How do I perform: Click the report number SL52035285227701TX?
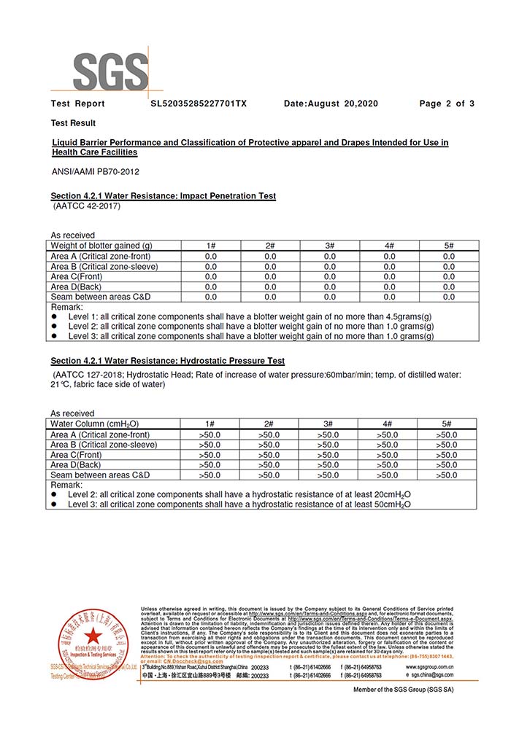199,104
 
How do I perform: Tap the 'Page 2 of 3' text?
447,104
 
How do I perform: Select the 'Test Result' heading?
73,123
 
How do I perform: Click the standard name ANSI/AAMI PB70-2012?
94,171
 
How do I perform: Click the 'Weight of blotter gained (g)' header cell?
101,246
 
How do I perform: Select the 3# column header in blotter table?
330,246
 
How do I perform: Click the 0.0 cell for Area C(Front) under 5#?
448,276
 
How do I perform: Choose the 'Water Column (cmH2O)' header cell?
95,424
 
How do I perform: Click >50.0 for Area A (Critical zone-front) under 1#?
210,434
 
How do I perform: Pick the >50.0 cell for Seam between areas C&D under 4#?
389,475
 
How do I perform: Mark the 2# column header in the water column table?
269,424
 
